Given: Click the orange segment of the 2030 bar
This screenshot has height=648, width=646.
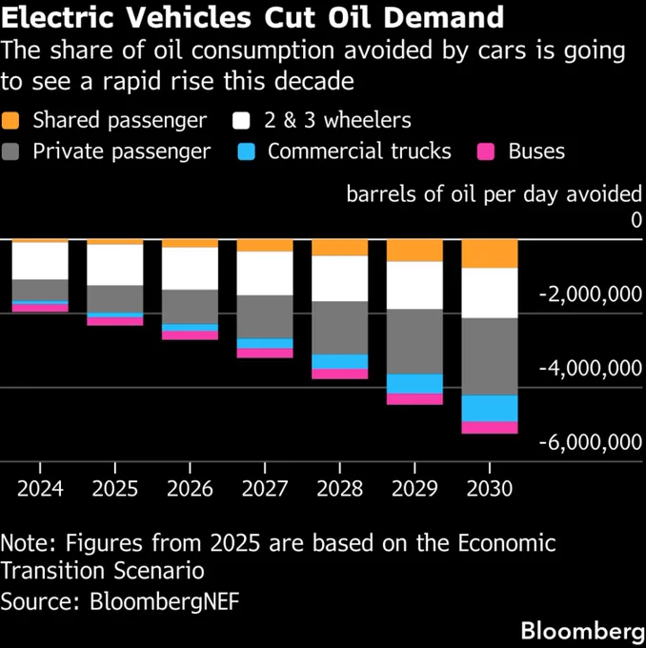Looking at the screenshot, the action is (x=490, y=253).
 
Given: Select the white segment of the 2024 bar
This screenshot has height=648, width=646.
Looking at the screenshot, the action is (x=40, y=261).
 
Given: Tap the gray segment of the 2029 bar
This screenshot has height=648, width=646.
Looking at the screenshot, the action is (x=414, y=341).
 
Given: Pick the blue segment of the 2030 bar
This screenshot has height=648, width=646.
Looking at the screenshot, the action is (x=490, y=408).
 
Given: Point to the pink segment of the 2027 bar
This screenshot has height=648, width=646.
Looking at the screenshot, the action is (x=265, y=353).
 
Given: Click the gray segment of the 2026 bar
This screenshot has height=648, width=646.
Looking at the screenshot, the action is (x=190, y=307).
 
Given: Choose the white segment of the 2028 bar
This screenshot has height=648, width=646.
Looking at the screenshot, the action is (x=340, y=278).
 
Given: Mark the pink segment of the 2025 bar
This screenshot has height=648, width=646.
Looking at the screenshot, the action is (x=115, y=321).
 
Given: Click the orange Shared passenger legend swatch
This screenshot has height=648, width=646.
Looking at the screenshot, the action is (x=10, y=120).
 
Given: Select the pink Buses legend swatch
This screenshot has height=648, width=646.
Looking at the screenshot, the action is (x=486, y=152).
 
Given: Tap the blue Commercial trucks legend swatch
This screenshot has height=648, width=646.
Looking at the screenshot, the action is (x=247, y=152).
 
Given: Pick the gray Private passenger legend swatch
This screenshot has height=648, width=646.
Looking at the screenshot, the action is (x=10, y=152).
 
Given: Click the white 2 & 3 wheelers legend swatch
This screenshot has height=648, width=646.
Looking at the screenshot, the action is (x=241, y=120).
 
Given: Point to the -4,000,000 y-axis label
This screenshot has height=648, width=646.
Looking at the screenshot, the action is (x=591, y=368).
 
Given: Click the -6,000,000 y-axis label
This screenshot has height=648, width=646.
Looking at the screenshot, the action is (x=591, y=442).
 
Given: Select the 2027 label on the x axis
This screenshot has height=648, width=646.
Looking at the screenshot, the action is (x=265, y=489).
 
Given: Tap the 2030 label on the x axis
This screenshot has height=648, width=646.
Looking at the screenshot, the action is (x=490, y=489).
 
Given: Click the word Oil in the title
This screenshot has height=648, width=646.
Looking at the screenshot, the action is (x=350, y=17).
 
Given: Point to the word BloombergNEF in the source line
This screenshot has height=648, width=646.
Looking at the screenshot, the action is (x=165, y=601).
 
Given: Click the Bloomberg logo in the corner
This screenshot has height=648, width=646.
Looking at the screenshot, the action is (x=583, y=631).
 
